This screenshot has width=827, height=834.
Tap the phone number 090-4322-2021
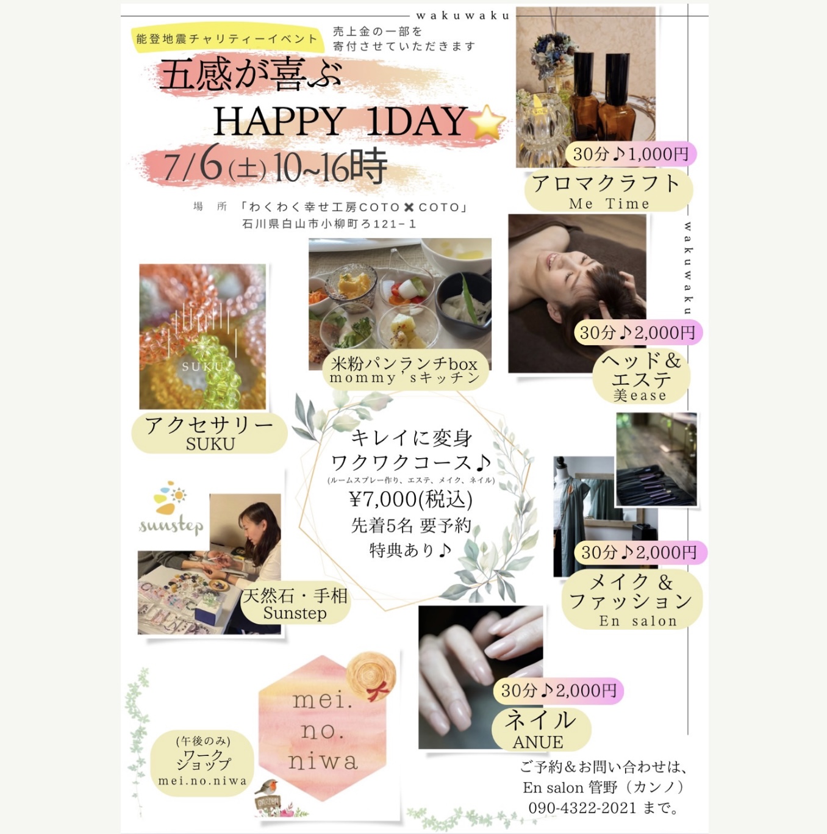click(x=582, y=808)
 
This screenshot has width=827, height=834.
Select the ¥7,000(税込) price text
click(x=410, y=499)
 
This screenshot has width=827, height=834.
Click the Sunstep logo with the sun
click(x=170, y=510)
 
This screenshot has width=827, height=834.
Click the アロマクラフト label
click(x=607, y=190)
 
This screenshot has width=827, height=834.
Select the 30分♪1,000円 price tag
click(x=631, y=154)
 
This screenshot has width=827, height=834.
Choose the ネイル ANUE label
click(x=540, y=728)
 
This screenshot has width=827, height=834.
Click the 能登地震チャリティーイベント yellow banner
click(x=227, y=39)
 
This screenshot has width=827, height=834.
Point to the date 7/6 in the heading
click(x=192, y=165)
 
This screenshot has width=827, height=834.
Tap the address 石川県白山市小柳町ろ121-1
click(x=329, y=224)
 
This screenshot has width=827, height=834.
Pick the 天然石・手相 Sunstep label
click(x=296, y=603)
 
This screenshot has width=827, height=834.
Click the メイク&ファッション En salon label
click(x=631, y=600)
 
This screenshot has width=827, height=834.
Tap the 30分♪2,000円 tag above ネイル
click(x=558, y=691)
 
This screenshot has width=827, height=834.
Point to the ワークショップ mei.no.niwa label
click(x=202, y=763)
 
